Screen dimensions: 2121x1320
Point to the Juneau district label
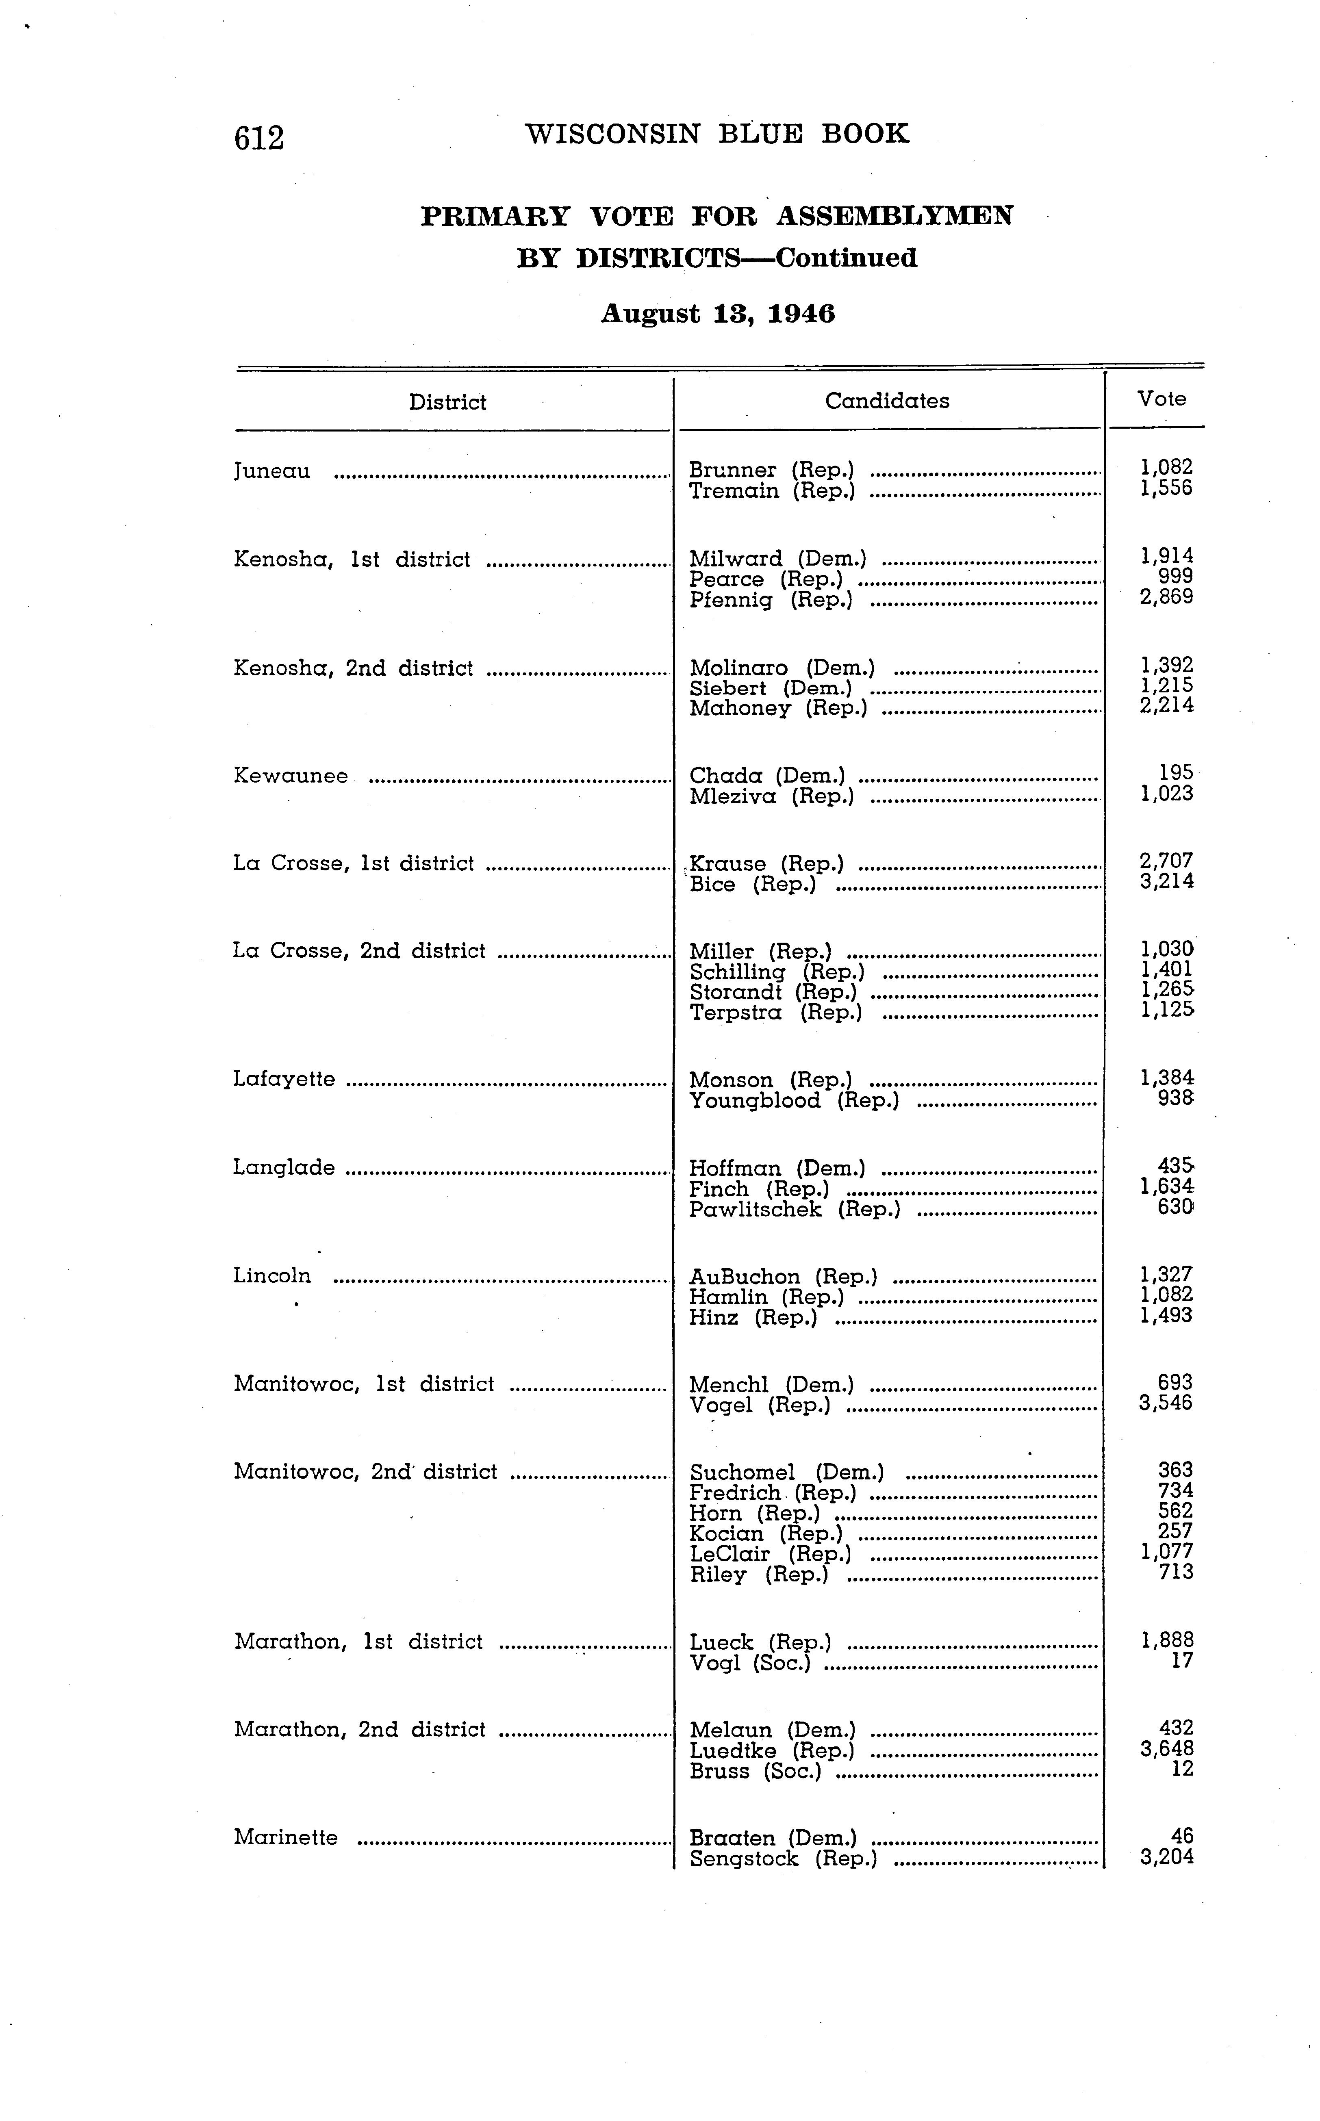pyautogui.click(x=271, y=471)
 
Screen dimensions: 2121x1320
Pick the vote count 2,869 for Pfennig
pyautogui.click(x=1166, y=598)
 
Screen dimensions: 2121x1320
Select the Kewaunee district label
pyautogui.click(x=291, y=776)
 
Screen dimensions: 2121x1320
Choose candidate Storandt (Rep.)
pyautogui.click(x=773, y=992)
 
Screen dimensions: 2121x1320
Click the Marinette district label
pyautogui.click(x=285, y=1838)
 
